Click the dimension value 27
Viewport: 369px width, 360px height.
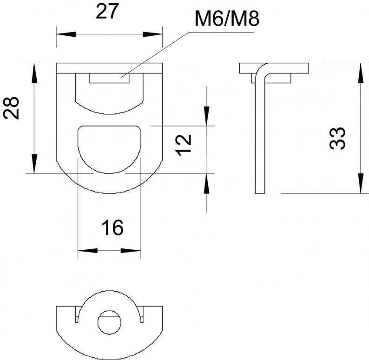pyautogui.click(x=106, y=12)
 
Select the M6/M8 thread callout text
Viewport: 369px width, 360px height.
pyautogui.click(x=227, y=19)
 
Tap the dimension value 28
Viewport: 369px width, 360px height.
pyautogui.click(x=11, y=108)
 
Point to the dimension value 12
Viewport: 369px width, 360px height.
pyautogui.click(x=184, y=145)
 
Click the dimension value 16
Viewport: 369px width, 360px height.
pyautogui.click(x=112, y=228)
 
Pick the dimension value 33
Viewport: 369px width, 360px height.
pyautogui.click(x=337, y=139)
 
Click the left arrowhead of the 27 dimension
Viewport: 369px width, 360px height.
pyautogui.click(x=66, y=34)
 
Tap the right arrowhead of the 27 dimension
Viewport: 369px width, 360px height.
pyautogui.click(x=153, y=34)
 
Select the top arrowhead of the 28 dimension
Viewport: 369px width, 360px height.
pyautogui.click(x=34, y=73)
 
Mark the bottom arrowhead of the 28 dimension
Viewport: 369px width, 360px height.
pyautogui.click(x=34, y=164)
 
